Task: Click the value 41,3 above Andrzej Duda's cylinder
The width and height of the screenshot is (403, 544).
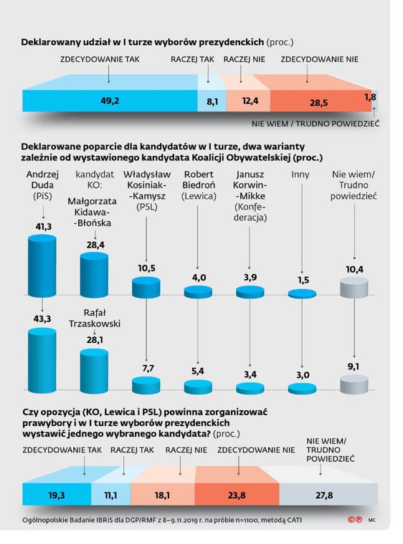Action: pos(47,225)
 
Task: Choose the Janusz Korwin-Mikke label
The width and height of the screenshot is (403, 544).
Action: pos(250,195)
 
